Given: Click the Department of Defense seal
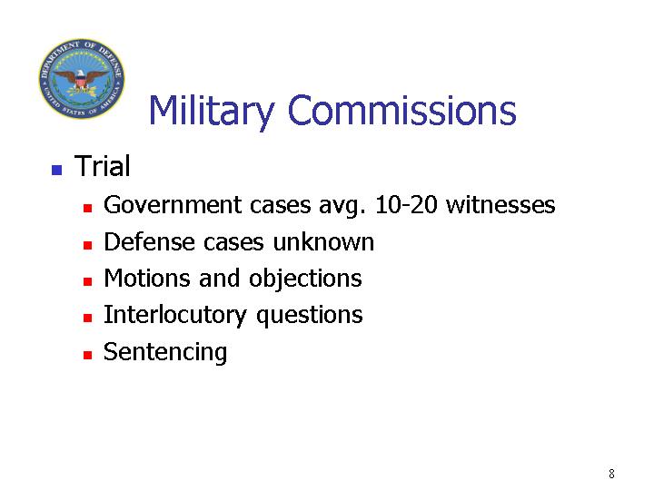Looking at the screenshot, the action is (x=82, y=78).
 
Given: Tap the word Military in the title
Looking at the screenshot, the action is (x=212, y=111).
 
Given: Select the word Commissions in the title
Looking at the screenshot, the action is (x=401, y=110).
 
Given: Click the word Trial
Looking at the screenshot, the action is (x=102, y=166).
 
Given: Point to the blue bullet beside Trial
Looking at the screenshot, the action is (x=56, y=170).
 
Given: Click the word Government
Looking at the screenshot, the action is (x=173, y=205).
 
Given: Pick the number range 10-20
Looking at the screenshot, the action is (x=406, y=204).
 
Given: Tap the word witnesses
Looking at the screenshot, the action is (x=500, y=204).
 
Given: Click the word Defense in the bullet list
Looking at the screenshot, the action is (x=149, y=241).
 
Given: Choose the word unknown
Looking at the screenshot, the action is (x=323, y=241).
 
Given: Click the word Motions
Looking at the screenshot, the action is (x=147, y=278).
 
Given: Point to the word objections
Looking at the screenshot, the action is (x=305, y=279).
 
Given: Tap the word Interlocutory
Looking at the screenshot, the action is (x=175, y=316).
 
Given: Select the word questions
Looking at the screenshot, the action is (x=310, y=317).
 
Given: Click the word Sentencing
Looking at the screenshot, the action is (x=165, y=353).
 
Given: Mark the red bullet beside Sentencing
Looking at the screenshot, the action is (x=87, y=355).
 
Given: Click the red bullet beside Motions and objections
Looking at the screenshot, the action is (x=87, y=281).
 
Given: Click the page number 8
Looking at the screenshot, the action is (x=611, y=474).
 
